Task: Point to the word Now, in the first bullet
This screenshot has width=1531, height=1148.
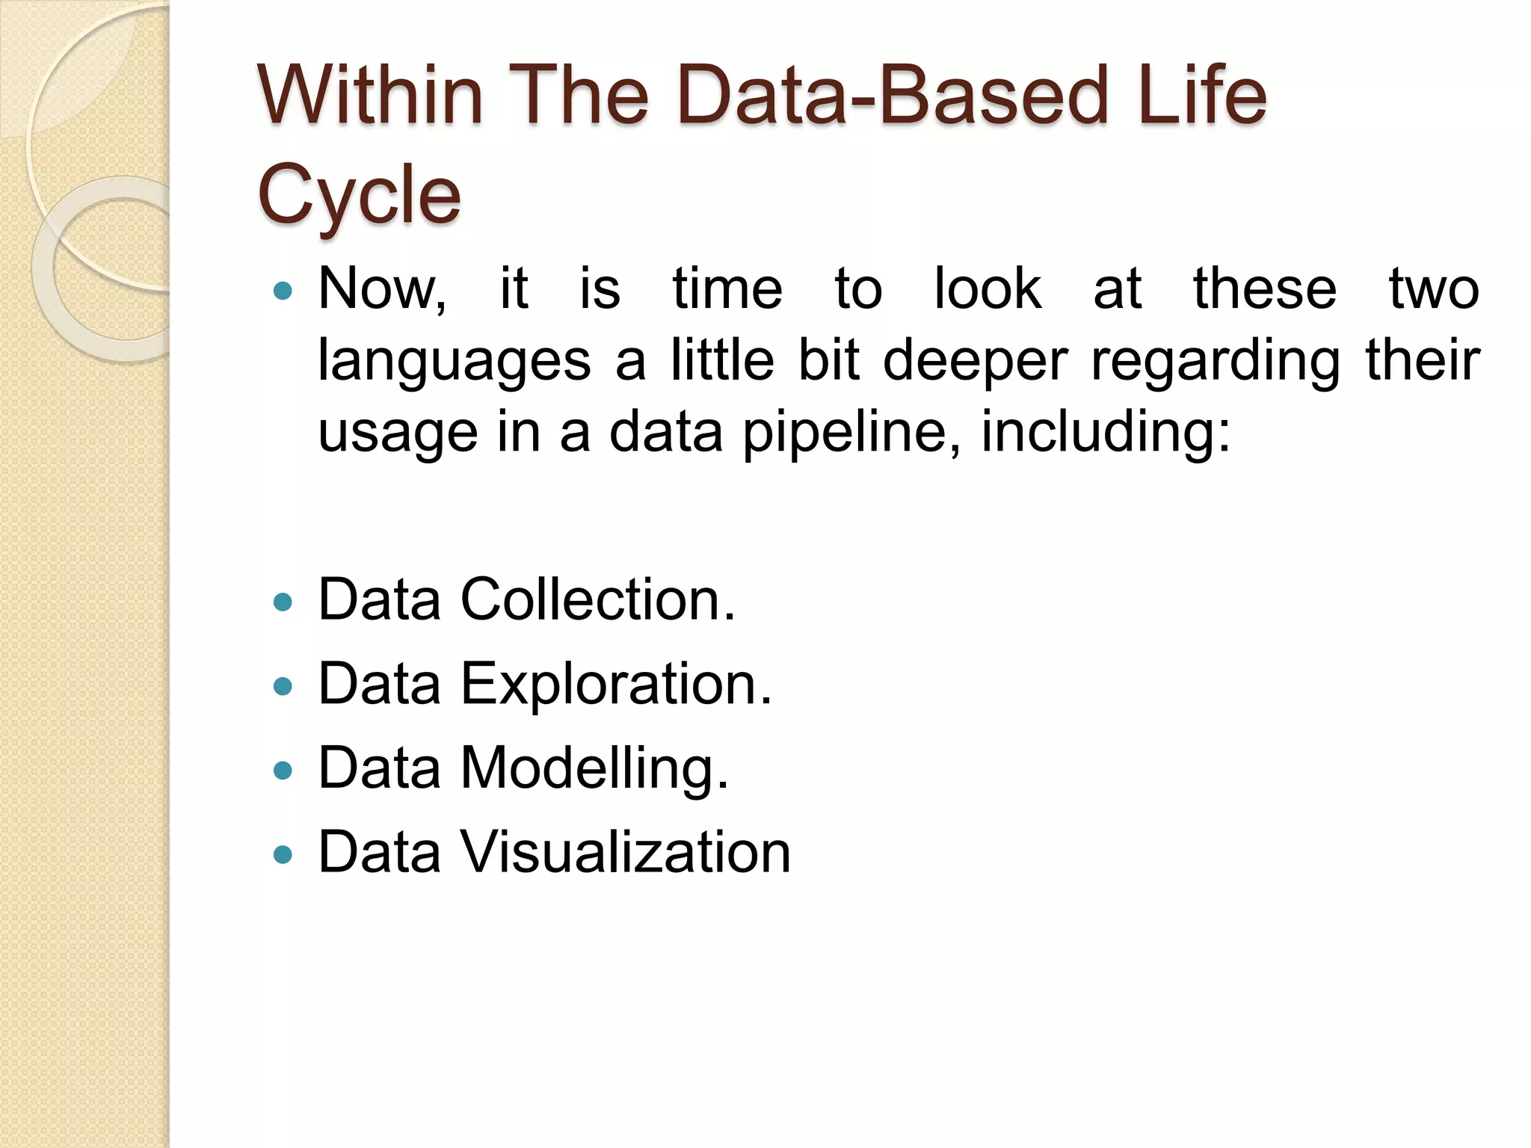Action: [x=382, y=289]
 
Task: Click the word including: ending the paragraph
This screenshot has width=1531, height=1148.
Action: [x=1106, y=433]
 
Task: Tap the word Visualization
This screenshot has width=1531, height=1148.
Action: [x=626, y=852]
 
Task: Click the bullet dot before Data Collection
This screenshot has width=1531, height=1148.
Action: [x=283, y=602]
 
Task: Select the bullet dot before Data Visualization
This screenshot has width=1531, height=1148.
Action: [x=283, y=854]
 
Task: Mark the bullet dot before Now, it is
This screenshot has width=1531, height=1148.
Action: [x=283, y=291]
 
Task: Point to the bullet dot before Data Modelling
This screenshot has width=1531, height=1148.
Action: [x=283, y=770]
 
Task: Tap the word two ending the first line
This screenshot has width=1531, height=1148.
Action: [x=1434, y=289]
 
